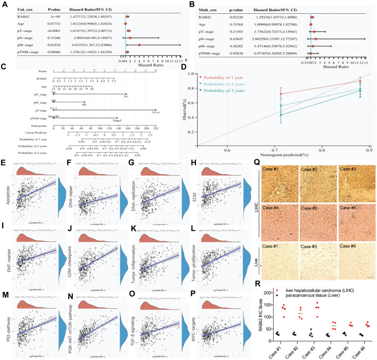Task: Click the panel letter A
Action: pos(4,4)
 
